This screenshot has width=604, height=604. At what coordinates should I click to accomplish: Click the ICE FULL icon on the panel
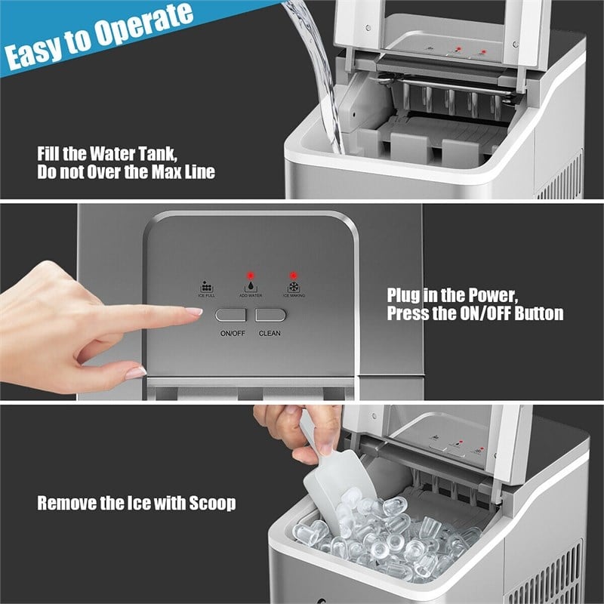206,287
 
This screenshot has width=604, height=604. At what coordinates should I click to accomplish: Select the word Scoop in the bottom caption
209,503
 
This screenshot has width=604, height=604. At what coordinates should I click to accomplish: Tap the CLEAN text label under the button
270,333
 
